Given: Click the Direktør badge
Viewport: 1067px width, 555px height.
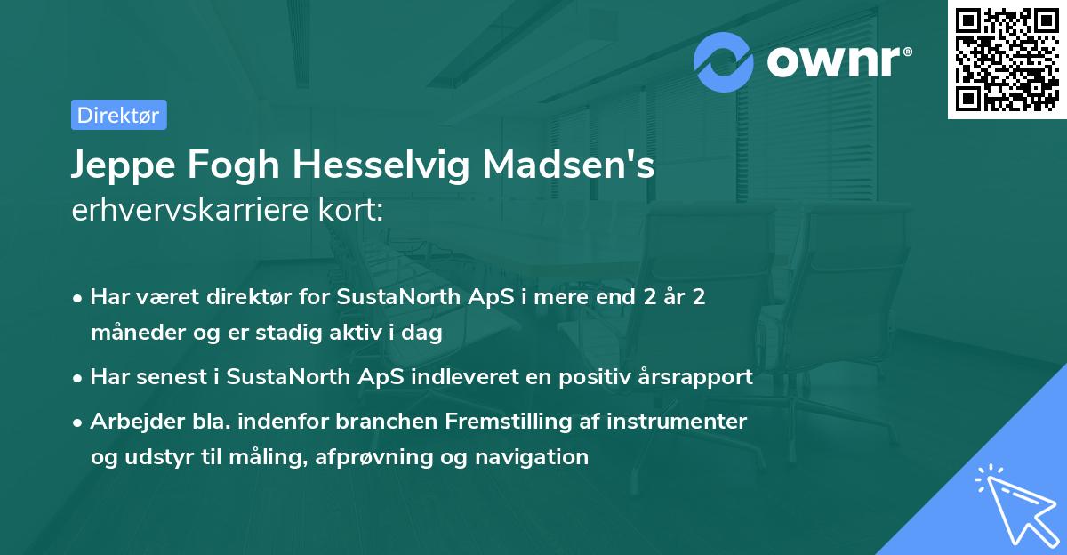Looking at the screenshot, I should point(118,115).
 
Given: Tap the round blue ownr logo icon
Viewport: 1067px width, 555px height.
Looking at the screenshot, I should point(724,61).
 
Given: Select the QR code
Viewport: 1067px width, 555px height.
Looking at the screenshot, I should point(1007,60).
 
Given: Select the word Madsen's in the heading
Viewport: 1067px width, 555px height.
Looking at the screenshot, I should point(583,166).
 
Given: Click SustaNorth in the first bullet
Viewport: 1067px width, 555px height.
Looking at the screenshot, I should point(387,297).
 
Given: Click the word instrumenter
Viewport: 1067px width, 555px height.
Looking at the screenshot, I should point(677,421).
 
